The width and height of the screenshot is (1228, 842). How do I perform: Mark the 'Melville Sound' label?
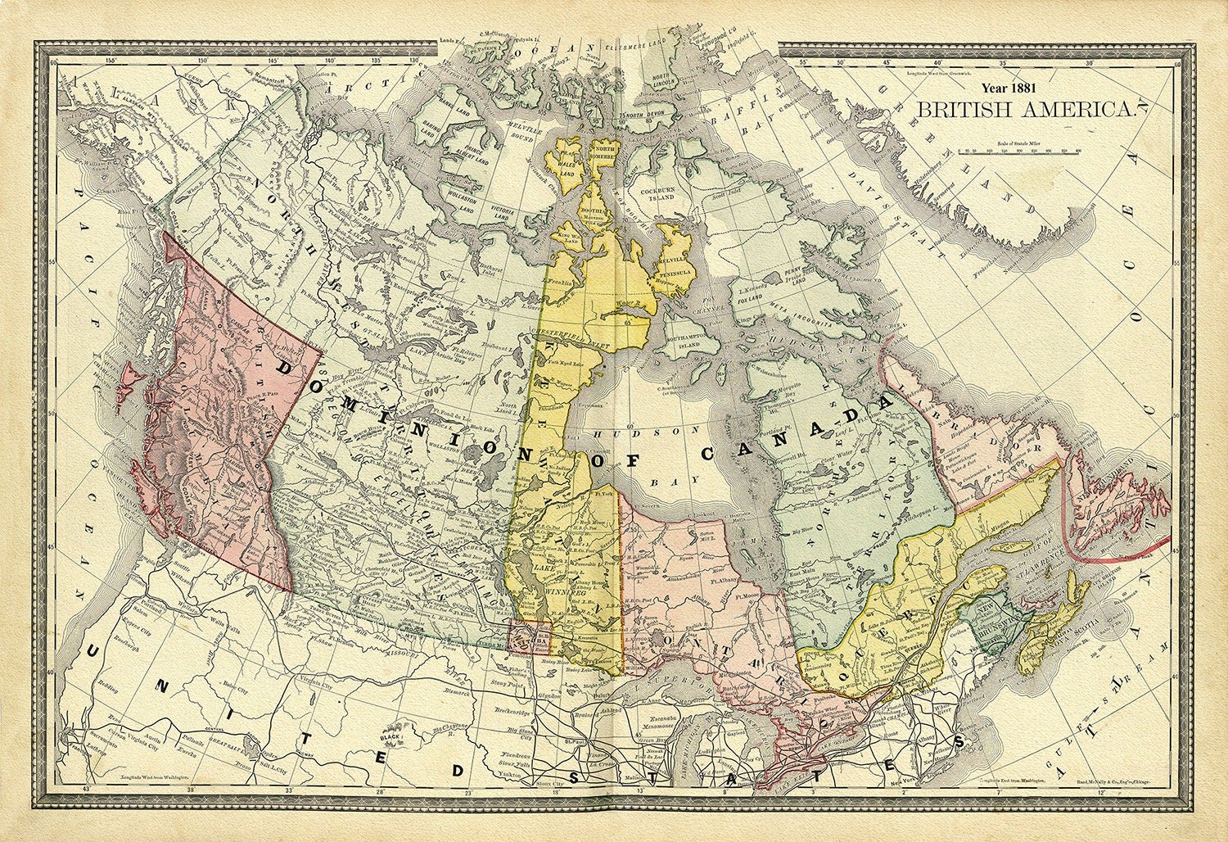pyautogui.click(x=529, y=134)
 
